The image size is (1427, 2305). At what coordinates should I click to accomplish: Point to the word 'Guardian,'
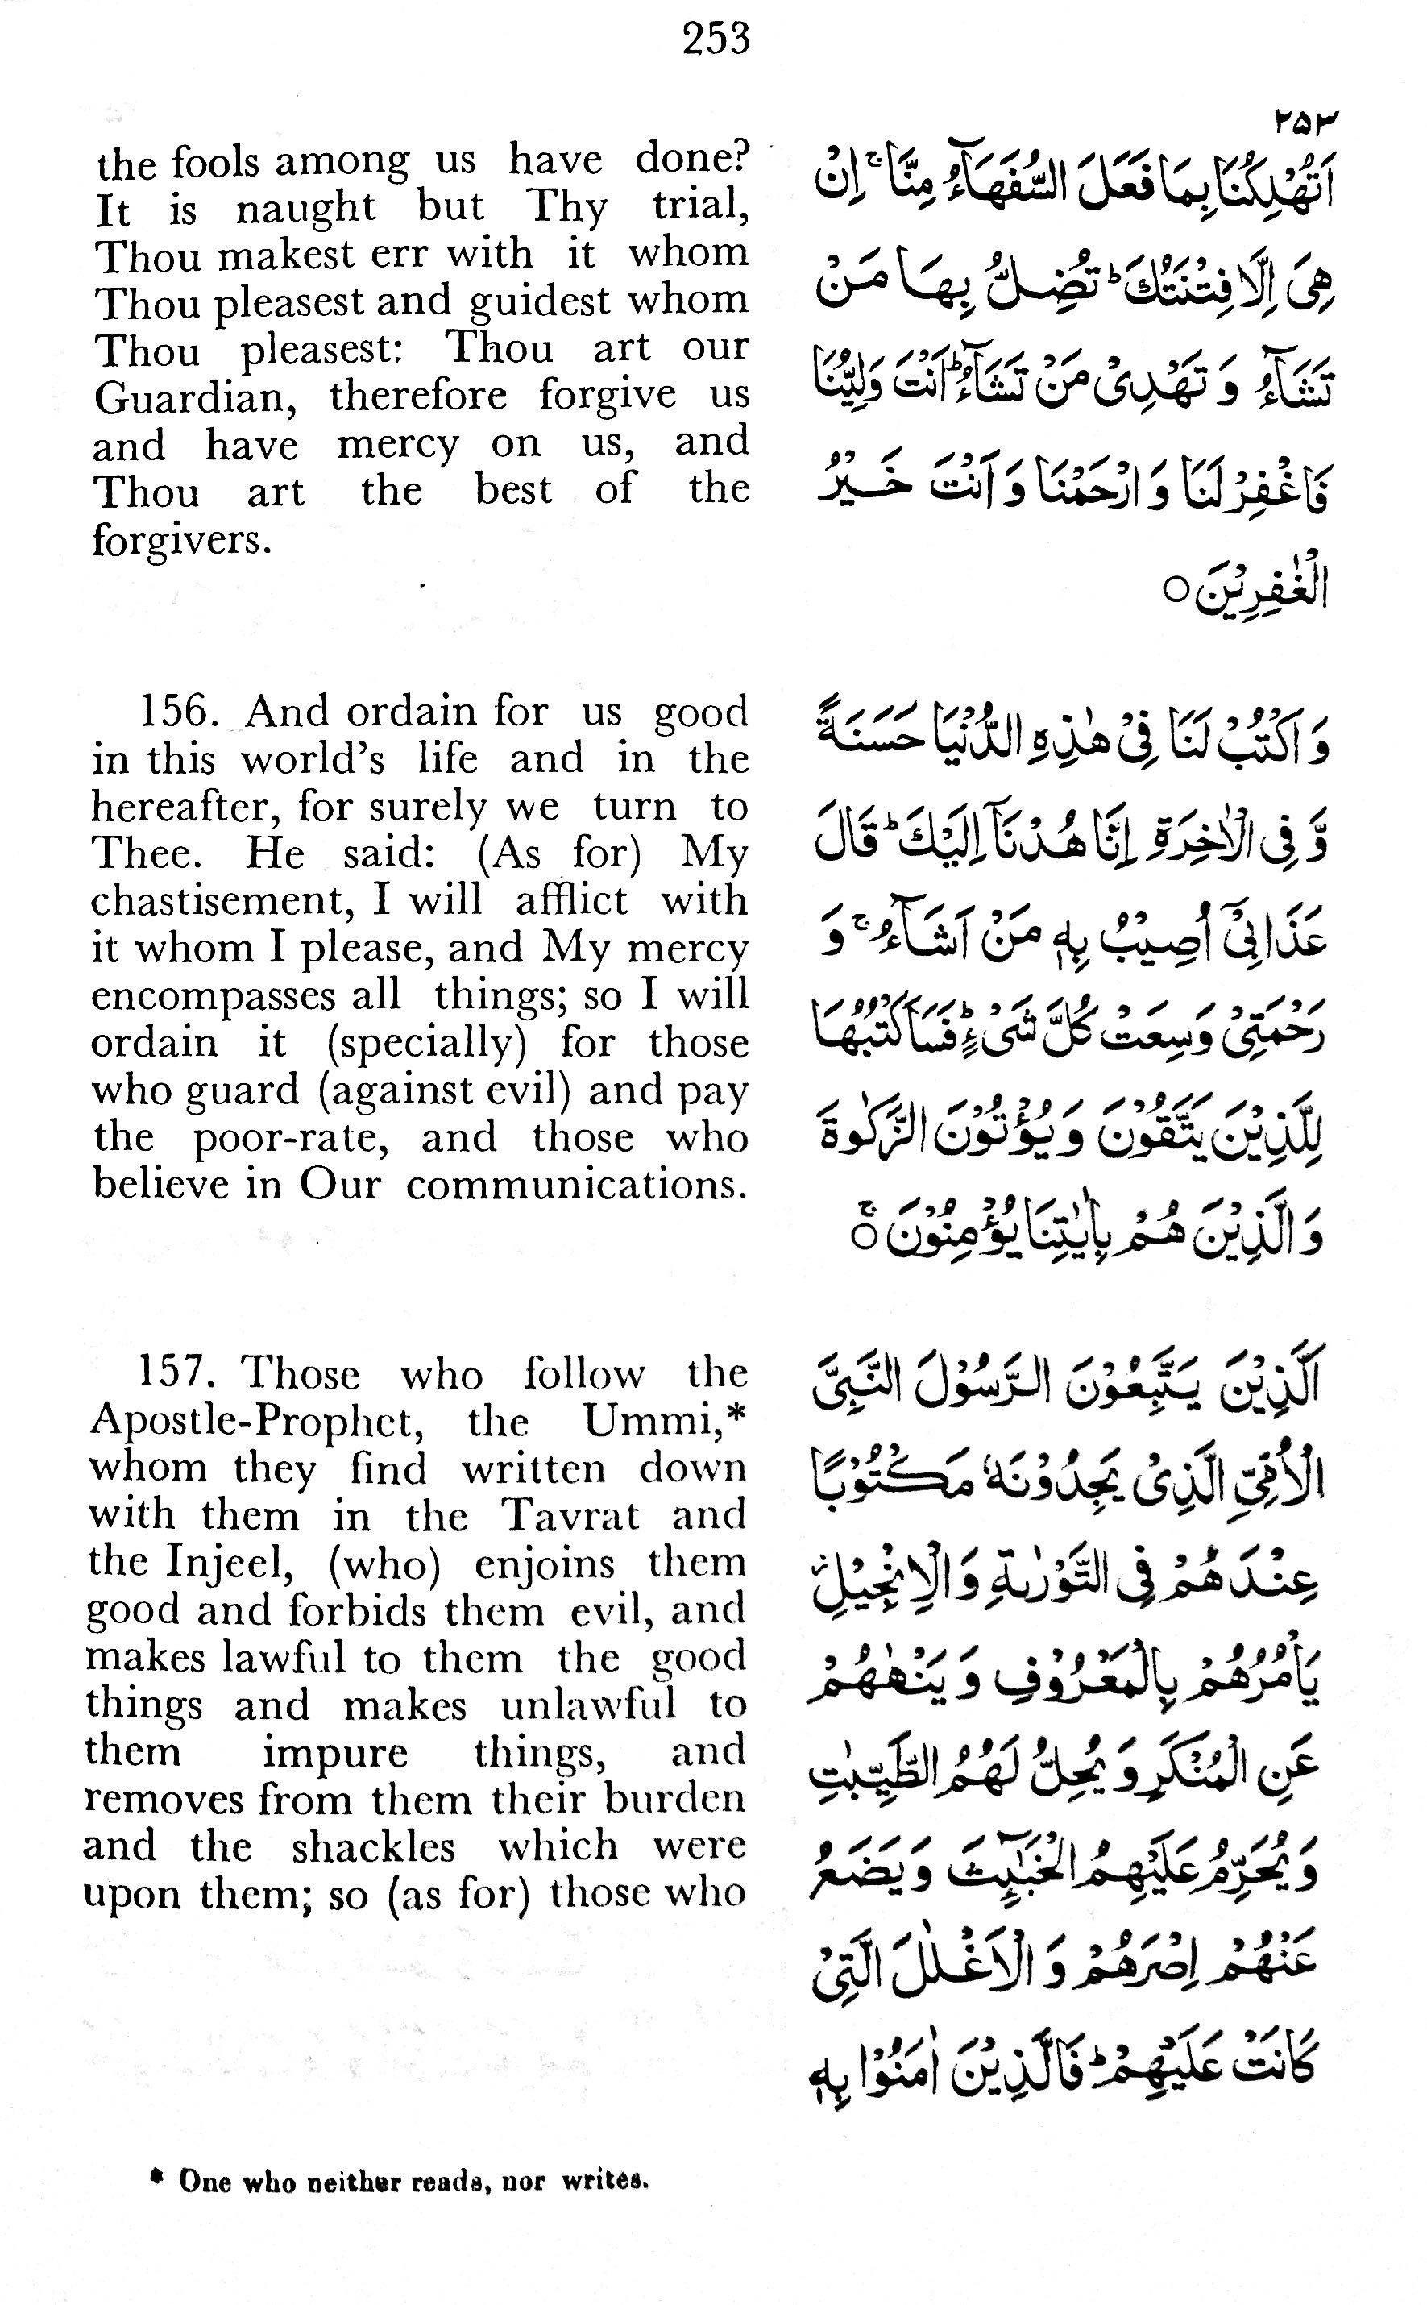(x=197, y=397)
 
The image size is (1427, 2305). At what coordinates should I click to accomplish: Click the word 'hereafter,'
(x=187, y=806)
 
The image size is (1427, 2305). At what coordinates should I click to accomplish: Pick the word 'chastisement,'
(x=222, y=900)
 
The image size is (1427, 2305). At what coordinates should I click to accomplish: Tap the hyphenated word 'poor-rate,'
(x=292, y=1137)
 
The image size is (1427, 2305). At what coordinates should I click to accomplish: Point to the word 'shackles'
(x=374, y=1847)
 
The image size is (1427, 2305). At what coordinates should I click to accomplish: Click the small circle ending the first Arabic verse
(x=1175, y=592)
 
